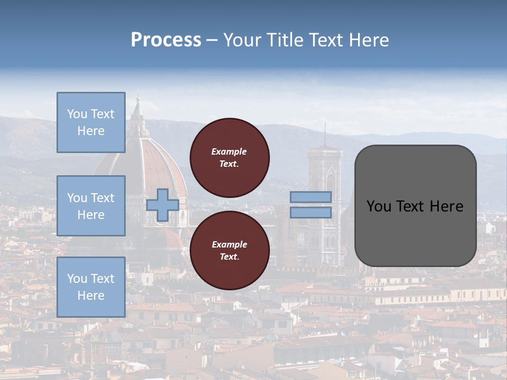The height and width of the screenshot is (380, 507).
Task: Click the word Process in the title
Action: pos(166,40)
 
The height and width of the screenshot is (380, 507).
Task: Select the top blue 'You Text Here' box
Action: pos(91,122)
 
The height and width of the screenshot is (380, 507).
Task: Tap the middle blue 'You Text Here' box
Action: pos(91,206)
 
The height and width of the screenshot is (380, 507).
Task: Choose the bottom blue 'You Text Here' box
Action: pos(91,287)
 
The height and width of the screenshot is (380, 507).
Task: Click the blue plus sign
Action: pos(162,205)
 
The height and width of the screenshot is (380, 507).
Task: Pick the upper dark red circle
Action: pos(229,158)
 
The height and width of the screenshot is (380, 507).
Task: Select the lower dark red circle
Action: pos(229,251)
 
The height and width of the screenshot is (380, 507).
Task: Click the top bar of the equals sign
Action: pos(311,197)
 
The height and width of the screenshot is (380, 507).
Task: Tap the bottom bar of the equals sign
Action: pos(311,212)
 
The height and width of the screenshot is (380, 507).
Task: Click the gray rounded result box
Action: pos(415,206)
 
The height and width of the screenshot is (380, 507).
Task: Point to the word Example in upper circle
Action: pos(229,151)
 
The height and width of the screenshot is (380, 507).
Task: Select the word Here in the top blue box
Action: pos(91,131)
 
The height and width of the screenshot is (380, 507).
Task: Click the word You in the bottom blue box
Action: pos(77,279)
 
